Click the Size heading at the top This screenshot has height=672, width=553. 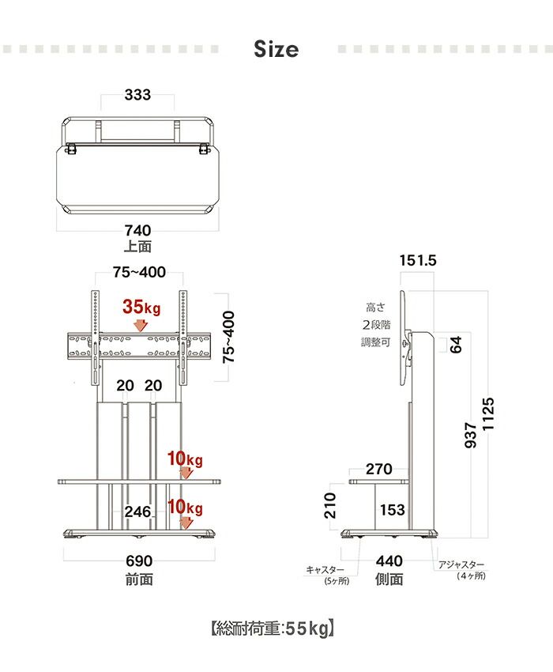(x=276, y=49)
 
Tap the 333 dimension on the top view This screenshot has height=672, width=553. (x=137, y=95)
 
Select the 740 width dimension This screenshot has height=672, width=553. (x=138, y=231)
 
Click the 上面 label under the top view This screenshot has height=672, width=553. (x=137, y=247)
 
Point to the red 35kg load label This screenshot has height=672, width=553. (x=141, y=307)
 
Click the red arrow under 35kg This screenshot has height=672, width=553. (x=140, y=325)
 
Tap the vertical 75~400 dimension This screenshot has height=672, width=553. (x=229, y=337)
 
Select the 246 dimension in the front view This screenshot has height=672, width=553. (x=137, y=512)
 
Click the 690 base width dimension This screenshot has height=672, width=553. (x=139, y=561)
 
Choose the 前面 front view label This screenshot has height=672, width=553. (x=139, y=580)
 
